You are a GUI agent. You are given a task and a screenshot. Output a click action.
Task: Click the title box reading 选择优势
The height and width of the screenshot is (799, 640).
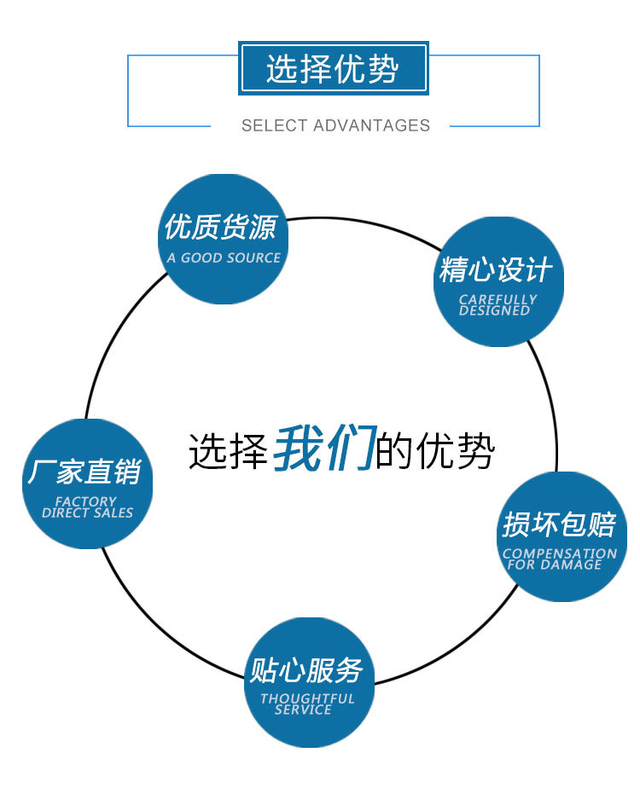click(333, 68)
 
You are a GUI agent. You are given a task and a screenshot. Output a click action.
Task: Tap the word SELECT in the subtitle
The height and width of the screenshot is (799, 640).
click(274, 125)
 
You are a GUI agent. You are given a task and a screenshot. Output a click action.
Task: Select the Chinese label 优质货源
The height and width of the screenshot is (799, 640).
click(221, 228)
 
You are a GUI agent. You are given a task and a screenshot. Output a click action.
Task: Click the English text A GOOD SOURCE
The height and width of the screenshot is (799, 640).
click(224, 258)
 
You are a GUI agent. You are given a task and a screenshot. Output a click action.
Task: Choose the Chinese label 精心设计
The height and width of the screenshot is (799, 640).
click(496, 270)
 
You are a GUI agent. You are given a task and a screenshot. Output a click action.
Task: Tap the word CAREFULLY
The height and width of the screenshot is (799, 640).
click(497, 299)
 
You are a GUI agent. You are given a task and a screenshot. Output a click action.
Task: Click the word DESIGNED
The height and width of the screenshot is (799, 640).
click(494, 311)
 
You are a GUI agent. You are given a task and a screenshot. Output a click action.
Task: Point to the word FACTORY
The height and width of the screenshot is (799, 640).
click(85, 501)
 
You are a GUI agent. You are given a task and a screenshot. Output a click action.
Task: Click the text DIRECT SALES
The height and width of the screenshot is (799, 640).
click(87, 513)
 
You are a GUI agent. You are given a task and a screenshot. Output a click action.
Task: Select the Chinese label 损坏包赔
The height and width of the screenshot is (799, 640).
click(559, 524)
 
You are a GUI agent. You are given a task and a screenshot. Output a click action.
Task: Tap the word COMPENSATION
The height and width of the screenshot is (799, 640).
click(559, 553)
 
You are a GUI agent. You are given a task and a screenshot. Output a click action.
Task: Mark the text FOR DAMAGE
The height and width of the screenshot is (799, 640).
click(555, 565)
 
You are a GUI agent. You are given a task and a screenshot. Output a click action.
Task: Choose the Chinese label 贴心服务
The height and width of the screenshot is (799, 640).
click(305, 670)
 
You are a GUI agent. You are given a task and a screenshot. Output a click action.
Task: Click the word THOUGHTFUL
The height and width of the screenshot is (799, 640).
click(307, 698)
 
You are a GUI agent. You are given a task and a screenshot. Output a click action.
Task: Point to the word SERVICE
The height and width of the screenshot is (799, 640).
click(303, 709)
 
